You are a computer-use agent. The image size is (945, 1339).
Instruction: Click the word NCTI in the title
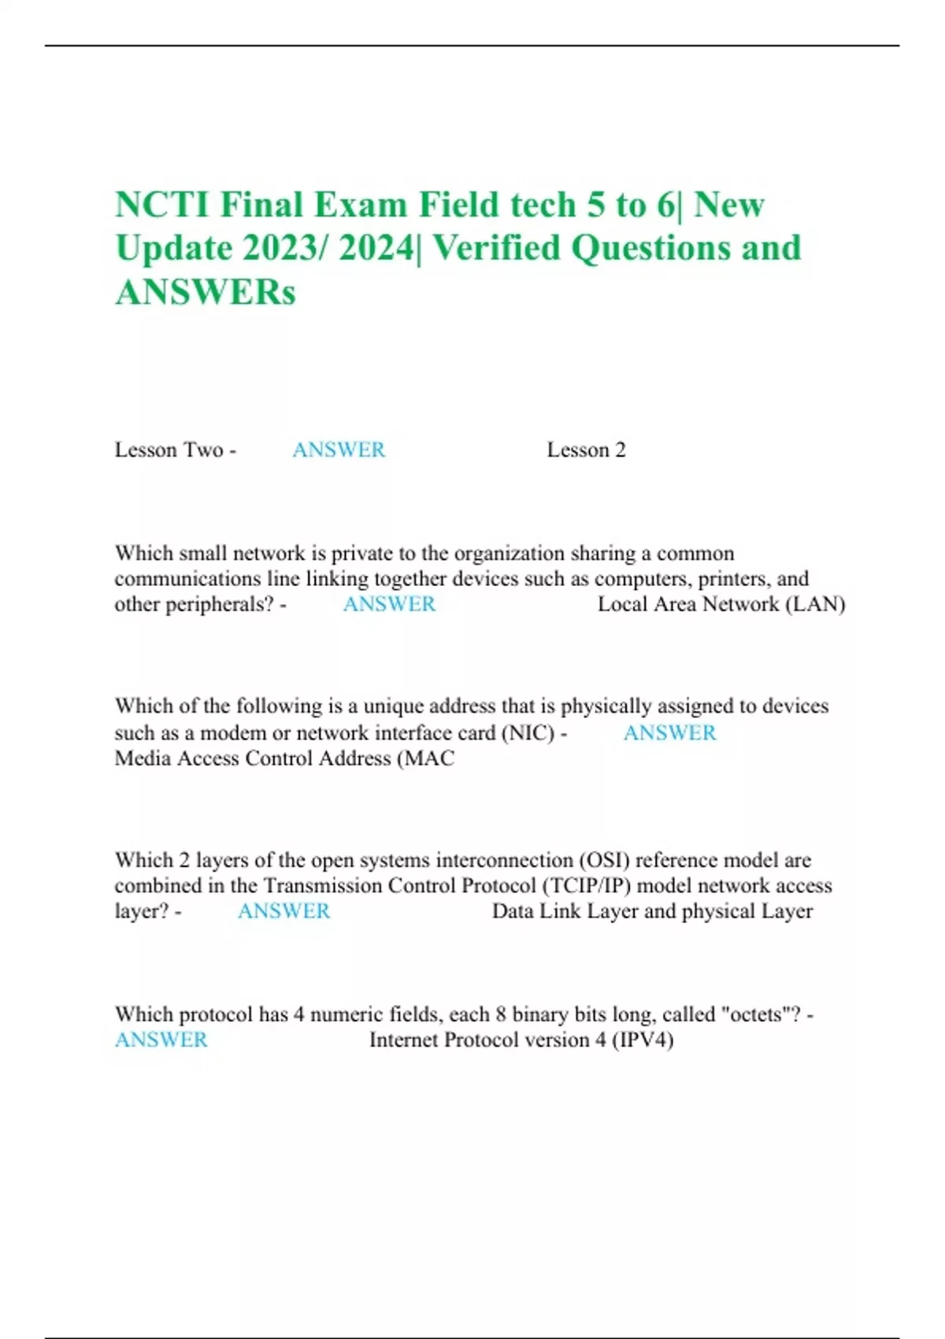162,206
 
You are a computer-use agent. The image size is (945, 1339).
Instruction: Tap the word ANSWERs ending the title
206,292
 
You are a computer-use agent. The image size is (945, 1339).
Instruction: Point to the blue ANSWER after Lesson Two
339,450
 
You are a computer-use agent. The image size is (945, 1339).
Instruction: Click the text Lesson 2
586,450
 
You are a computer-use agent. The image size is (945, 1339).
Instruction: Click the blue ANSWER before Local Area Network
389,604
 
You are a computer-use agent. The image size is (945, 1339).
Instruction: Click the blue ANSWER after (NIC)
669,733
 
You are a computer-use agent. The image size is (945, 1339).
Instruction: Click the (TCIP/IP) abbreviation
586,885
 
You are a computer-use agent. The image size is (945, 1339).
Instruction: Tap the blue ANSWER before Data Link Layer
283,911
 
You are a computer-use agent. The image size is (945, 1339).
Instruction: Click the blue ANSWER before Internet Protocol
161,1040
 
